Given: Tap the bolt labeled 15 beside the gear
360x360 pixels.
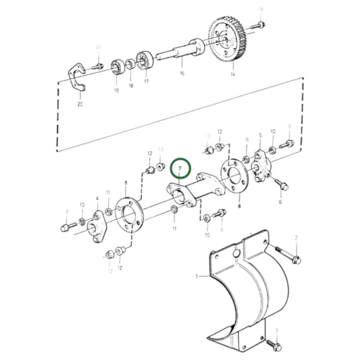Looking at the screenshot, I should pyautogui.click(x=257, y=25).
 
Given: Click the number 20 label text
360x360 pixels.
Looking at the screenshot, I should pyautogui.click(x=80, y=105).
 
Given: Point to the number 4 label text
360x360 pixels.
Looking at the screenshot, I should pyautogui.click(x=97, y=199).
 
